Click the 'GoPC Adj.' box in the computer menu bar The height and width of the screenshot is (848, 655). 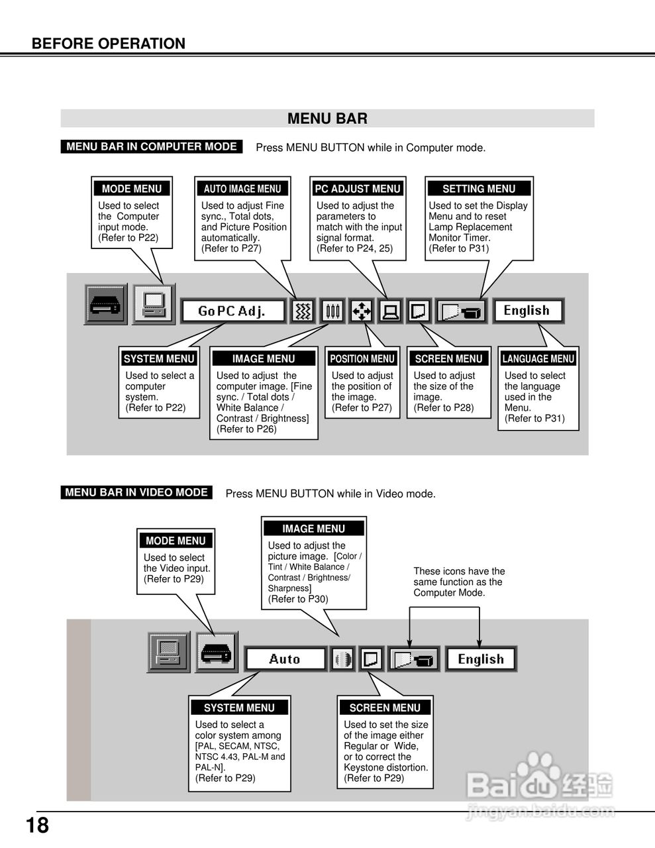(x=232, y=311)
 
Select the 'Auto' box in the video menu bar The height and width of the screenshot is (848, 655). (x=285, y=659)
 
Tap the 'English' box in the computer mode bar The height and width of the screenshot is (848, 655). (x=527, y=311)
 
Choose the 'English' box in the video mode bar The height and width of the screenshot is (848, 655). (x=481, y=659)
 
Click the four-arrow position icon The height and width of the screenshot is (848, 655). (x=362, y=311)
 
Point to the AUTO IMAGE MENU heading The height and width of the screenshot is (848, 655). (x=242, y=189)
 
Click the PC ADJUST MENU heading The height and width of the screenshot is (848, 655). (x=358, y=189)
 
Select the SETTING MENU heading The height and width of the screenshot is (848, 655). (x=479, y=189)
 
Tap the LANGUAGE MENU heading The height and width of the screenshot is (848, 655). (x=538, y=359)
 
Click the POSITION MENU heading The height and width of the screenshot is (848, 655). (x=362, y=359)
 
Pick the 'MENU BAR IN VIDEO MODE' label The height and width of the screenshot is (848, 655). (x=136, y=492)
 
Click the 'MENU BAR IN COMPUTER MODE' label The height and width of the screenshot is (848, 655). (x=152, y=146)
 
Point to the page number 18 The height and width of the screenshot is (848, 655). (x=38, y=825)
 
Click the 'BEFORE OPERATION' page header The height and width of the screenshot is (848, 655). (x=109, y=44)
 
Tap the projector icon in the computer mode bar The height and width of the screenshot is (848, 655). (x=105, y=305)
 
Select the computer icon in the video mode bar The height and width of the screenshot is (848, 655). (x=168, y=652)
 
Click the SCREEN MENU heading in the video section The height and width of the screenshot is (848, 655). (x=385, y=708)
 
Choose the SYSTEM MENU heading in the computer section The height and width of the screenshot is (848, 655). (x=159, y=359)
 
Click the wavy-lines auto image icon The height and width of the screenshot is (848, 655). (x=302, y=311)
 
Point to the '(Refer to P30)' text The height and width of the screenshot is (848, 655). (x=298, y=599)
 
